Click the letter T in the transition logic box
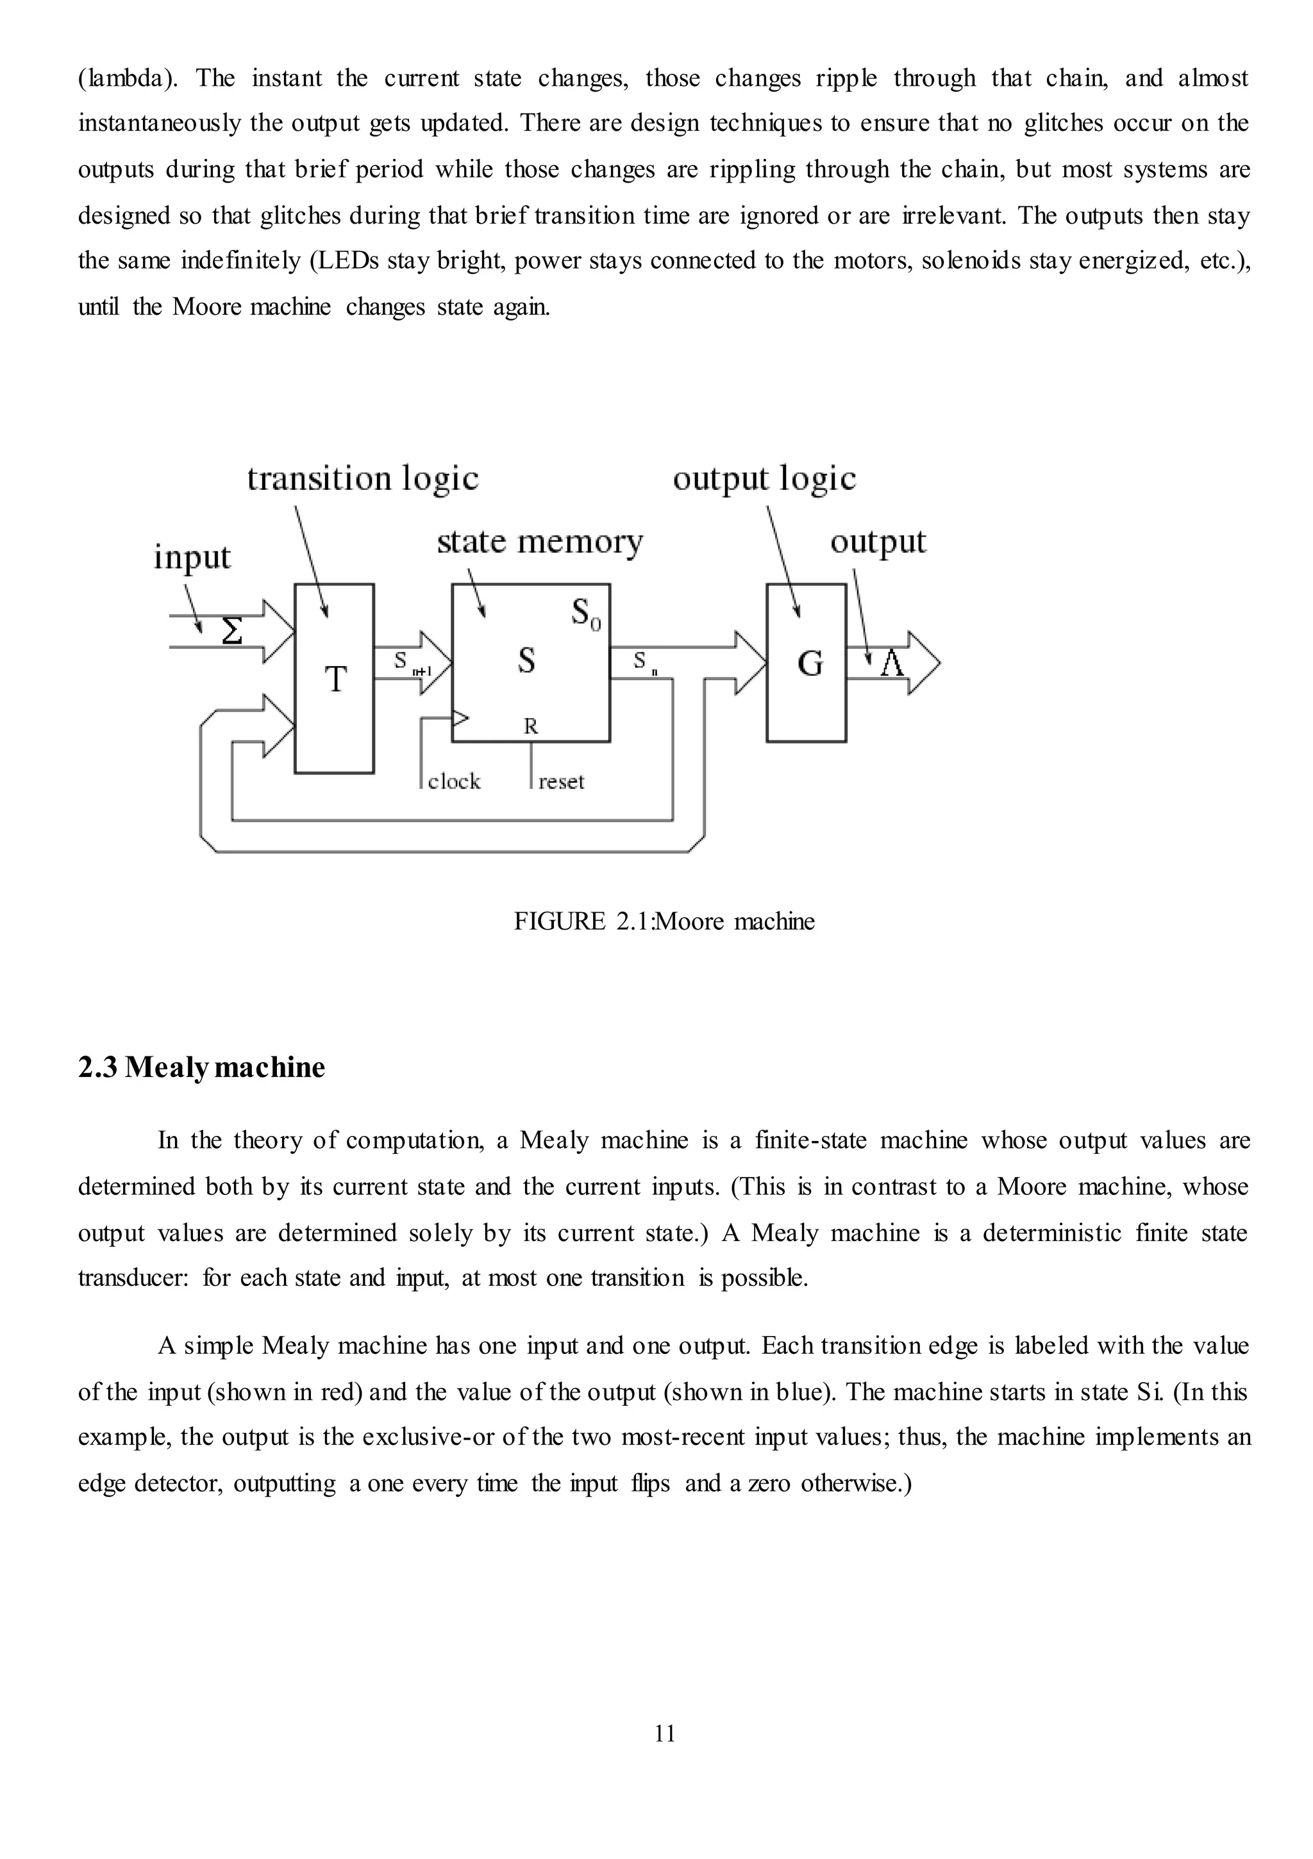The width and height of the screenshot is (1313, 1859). tap(335, 678)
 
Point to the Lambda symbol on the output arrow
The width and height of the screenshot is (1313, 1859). tap(892, 664)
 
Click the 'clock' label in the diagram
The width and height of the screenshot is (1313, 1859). tap(455, 781)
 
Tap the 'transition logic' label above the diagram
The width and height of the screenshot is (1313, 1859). tap(363, 478)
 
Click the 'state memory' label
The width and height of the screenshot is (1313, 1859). tap(539, 542)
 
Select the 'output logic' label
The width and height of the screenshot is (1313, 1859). tap(764, 478)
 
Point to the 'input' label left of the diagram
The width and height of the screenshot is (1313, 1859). tap(192, 557)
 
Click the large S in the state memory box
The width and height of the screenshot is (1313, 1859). tap(526, 661)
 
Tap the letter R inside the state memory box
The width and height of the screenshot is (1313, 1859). tap(531, 726)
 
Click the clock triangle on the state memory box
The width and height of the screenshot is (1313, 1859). tap(460, 717)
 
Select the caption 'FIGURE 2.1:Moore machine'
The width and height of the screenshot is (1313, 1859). tap(664, 921)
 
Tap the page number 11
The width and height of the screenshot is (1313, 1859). tap(664, 1733)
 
